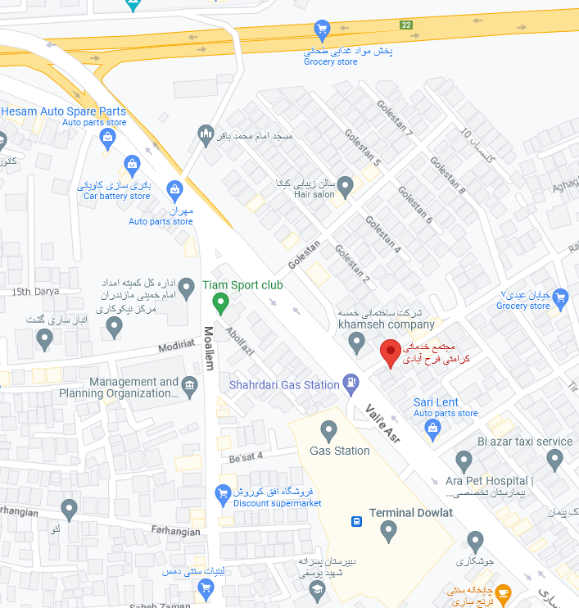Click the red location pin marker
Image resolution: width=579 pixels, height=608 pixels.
[391, 354]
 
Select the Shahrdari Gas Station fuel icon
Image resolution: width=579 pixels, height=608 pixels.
[351, 382]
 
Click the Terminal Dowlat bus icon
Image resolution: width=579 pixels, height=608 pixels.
[357, 521]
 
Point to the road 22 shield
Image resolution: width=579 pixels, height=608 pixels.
[406, 25]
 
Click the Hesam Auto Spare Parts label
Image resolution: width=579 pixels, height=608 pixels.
[64, 111]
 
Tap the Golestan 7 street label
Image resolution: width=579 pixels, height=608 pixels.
[395, 118]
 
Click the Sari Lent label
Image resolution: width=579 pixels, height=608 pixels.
[436, 402]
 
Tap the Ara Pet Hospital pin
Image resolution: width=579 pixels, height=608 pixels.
[464, 461]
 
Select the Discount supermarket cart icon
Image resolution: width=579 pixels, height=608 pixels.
[222, 492]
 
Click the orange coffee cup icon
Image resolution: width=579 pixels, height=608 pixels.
[503, 592]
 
